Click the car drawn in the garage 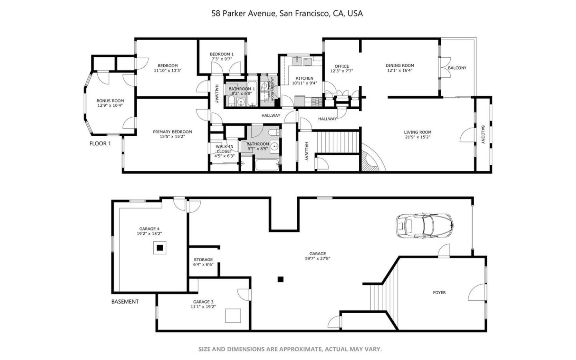coord(424,225)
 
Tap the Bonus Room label coord(110,101)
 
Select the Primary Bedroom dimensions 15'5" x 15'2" coord(172,137)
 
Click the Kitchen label coord(304,78)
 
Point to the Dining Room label coord(400,66)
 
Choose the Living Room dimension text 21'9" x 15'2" coord(417,137)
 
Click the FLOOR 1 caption coord(100,143)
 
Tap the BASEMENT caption coord(125,302)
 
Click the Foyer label coord(439,292)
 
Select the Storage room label coord(203,260)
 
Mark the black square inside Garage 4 coord(160,248)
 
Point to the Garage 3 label coord(203,302)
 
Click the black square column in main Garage coord(281,279)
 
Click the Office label coord(342,66)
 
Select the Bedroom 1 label coord(222,54)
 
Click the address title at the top coord(287,13)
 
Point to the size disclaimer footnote coord(290,349)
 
